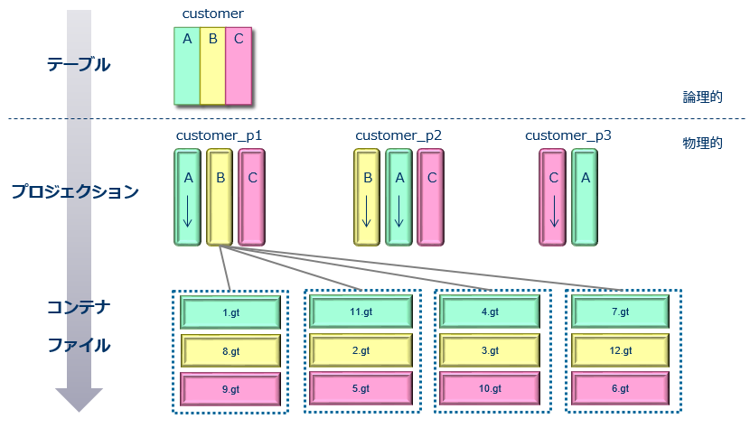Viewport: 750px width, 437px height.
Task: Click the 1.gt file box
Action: (x=230, y=312)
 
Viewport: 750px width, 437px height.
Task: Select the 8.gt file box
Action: (x=230, y=350)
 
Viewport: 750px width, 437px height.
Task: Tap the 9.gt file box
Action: (x=230, y=389)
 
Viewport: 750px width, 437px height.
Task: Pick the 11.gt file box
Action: (x=361, y=311)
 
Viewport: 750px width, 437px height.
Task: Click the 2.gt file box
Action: (x=361, y=350)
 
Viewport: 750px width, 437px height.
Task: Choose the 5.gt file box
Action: (x=361, y=389)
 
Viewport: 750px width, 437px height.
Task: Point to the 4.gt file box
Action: (x=491, y=311)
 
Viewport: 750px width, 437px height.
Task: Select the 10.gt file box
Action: (x=491, y=389)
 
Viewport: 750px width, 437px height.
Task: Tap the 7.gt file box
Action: (x=621, y=311)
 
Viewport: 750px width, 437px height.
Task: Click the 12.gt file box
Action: (x=621, y=350)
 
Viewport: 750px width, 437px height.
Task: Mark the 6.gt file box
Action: (x=621, y=389)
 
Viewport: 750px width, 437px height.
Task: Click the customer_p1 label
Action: (x=219, y=135)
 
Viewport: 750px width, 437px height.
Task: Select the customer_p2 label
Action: (x=398, y=135)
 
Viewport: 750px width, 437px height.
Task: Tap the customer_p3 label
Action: (x=568, y=135)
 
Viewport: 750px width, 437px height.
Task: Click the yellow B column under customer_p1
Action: (x=220, y=198)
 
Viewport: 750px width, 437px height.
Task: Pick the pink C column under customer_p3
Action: (x=553, y=198)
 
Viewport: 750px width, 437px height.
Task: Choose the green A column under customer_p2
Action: (x=399, y=198)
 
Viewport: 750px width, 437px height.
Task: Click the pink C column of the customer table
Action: (x=239, y=67)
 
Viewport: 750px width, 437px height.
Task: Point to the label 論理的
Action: (x=702, y=98)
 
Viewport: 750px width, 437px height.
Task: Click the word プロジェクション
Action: (x=75, y=191)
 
